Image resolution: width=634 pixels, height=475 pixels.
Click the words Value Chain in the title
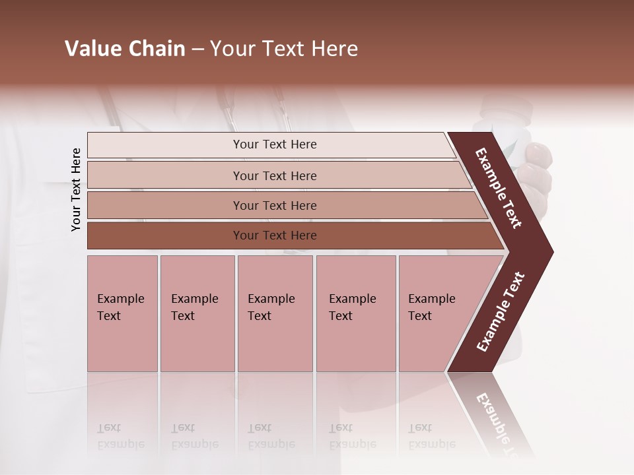pos(125,49)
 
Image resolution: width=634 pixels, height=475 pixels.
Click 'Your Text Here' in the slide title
pos(284,49)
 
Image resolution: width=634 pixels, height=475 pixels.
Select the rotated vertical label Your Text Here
pos(76,189)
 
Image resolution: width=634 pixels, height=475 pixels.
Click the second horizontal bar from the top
pos(275,175)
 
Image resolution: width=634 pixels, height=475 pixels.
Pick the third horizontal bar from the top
pos(275,205)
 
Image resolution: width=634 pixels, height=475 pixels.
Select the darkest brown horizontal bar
pos(275,236)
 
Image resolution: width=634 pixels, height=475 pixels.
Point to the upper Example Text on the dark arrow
pos(499,188)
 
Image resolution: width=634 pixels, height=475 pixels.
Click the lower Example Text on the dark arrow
pos(501,311)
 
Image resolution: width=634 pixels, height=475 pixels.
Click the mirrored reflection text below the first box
pos(120,437)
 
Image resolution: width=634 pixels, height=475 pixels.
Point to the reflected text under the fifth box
pos(431,437)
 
